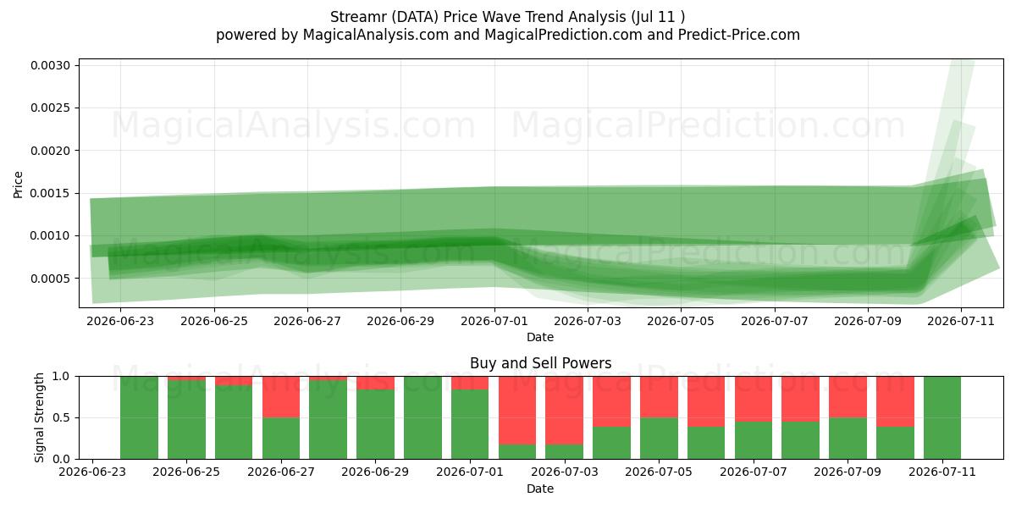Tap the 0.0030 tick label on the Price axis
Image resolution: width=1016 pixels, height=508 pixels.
[x=50, y=65]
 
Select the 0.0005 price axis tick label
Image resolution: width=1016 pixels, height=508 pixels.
[x=50, y=279]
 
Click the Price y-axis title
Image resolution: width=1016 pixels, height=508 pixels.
[x=18, y=185]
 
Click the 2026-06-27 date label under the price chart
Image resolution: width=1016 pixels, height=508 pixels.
[x=307, y=321]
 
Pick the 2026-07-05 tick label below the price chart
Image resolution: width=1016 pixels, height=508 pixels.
[x=681, y=321]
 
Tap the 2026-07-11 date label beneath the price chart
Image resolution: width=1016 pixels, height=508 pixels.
[x=961, y=321]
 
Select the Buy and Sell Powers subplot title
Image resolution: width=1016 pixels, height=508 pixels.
[x=541, y=363]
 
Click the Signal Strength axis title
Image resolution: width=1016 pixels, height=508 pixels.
[x=40, y=417]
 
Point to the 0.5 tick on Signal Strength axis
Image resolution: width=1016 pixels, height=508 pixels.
[x=61, y=417]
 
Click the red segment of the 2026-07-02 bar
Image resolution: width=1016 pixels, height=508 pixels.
[x=517, y=410]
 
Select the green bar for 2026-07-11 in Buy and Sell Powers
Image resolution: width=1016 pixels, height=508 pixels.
[x=942, y=417]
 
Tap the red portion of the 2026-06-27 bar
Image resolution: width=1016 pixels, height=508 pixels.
[x=281, y=396]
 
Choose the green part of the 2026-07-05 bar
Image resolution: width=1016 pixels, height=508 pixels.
[x=659, y=439]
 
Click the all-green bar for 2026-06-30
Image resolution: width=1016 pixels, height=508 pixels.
[x=422, y=417]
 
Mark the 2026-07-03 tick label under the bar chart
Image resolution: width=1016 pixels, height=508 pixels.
[x=565, y=472]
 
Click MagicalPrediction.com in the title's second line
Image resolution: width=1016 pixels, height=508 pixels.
[x=563, y=35]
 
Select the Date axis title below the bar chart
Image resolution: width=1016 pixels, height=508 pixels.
[x=540, y=489]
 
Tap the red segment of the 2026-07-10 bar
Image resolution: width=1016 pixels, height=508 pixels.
[x=895, y=401]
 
